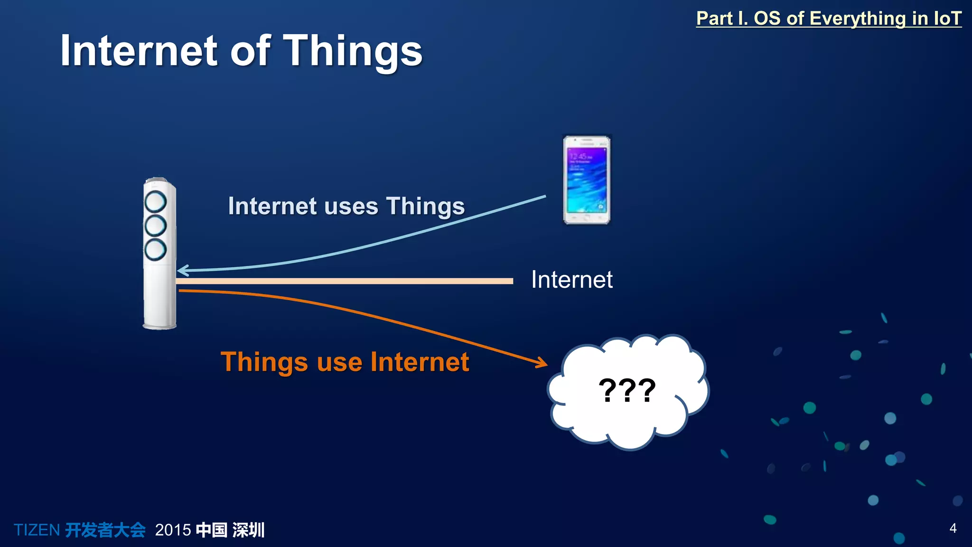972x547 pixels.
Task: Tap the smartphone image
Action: click(587, 180)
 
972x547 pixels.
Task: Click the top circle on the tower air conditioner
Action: click(155, 202)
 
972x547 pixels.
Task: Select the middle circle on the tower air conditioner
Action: click(155, 226)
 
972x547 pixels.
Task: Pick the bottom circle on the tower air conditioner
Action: click(155, 250)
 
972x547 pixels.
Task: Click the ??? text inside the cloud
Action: click(627, 391)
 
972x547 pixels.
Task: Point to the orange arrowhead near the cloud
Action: click(542, 364)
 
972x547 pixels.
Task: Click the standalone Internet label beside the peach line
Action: click(571, 280)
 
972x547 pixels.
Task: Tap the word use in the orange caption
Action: click(340, 362)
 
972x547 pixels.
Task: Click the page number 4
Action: click(953, 528)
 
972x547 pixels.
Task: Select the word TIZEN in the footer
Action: click(37, 530)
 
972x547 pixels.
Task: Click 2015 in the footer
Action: click(173, 530)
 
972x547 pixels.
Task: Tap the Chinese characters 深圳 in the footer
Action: click(248, 530)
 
